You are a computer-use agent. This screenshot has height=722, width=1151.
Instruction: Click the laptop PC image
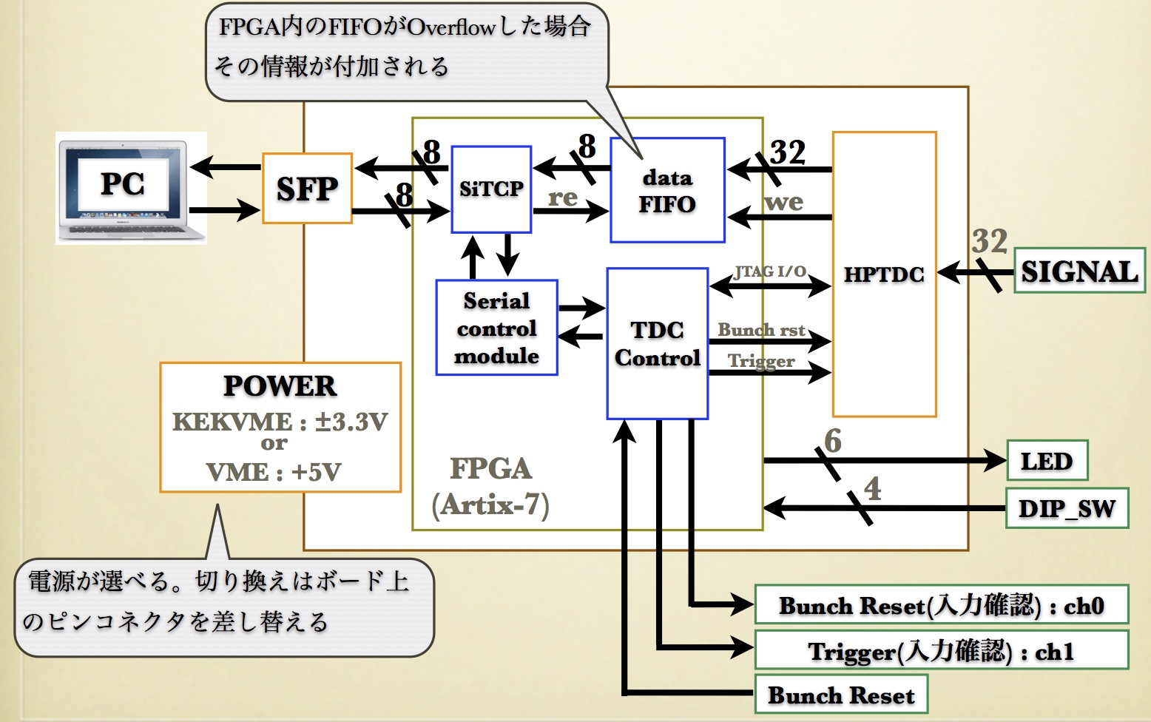[x=131, y=188]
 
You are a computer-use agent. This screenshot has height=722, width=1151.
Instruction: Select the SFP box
[x=307, y=189]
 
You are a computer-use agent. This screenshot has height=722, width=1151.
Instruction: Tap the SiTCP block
[x=491, y=189]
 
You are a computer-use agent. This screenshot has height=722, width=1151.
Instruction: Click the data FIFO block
[x=667, y=190]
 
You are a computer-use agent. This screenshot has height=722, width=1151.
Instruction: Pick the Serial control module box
[x=496, y=328]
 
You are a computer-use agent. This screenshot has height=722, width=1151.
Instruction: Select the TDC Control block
[x=657, y=344]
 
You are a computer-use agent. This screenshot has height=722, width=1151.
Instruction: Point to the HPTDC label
[x=884, y=274]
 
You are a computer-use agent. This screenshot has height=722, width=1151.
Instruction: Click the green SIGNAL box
[x=1079, y=271]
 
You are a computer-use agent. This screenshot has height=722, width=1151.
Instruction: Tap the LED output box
[x=1047, y=461]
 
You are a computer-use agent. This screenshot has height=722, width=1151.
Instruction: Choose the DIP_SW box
[x=1067, y=508]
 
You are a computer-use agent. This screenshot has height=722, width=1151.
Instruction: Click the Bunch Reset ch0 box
[x=941, y=605]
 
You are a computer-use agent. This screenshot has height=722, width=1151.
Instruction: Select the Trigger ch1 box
[x=941, y=651]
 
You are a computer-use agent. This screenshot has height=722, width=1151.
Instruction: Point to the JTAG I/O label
[x=770, y=271]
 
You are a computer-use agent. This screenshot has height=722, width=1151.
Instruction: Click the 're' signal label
[x=563, y=198]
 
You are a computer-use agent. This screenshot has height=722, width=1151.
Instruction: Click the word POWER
[x=280, y=385]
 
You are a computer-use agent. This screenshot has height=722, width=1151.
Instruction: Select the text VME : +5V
[x=274, y=472]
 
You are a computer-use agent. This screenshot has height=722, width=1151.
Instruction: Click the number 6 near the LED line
[x=833, y=441]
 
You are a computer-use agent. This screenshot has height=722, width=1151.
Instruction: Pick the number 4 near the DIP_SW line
[x=873, y=488]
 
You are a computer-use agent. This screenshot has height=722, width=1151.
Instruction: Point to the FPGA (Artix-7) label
[x=491, y=487]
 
